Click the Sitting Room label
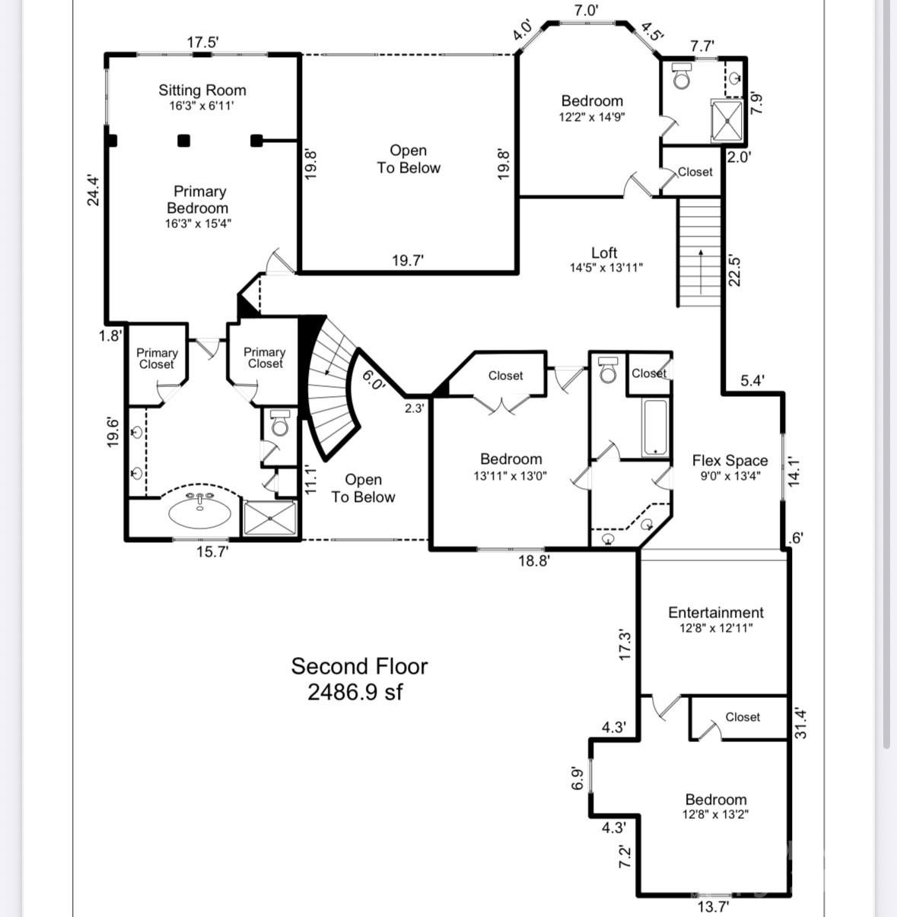(x=202, y=90)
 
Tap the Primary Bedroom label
(x=199, y=200)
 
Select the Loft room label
(x=605, y=253)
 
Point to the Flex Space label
(x=730, y=461)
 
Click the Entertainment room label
(x=715, y=613)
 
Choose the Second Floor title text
(x=359, y=666)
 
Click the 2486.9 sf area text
(x=355, y=693)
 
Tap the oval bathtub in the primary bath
(x=200, y=512)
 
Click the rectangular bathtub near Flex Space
(x=654, y=427)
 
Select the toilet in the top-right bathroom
(x=682, y=76)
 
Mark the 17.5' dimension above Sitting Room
(x=202, y=43)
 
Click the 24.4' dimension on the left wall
(x=93, y=191)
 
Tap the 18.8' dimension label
(x=534, y=562)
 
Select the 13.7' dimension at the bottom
(x=713, y=906)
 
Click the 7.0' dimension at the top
(x=586, y=10)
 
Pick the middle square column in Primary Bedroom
(x=183, y=140)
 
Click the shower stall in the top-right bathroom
(x=727, y=121)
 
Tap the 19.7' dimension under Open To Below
(x=408, y=261)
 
